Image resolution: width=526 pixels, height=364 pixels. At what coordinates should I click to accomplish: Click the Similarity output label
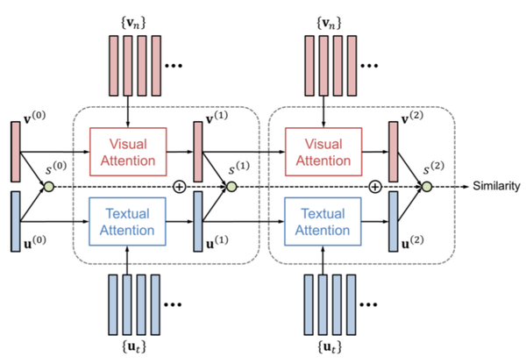(x=496, y=187)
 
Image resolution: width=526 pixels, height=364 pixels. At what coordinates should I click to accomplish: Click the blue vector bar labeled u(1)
(x=197, y=219)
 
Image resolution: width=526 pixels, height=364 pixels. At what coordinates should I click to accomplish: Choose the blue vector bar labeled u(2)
(x=394, y=219)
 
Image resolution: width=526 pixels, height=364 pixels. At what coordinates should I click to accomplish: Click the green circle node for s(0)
(x=49, y=187)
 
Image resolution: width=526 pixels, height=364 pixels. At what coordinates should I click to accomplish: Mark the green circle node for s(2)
(x=427, y=187)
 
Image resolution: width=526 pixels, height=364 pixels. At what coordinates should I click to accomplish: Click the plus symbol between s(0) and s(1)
(x=180, y=187)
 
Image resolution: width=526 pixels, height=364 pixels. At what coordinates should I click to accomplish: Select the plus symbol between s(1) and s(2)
(x=375, y=187)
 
